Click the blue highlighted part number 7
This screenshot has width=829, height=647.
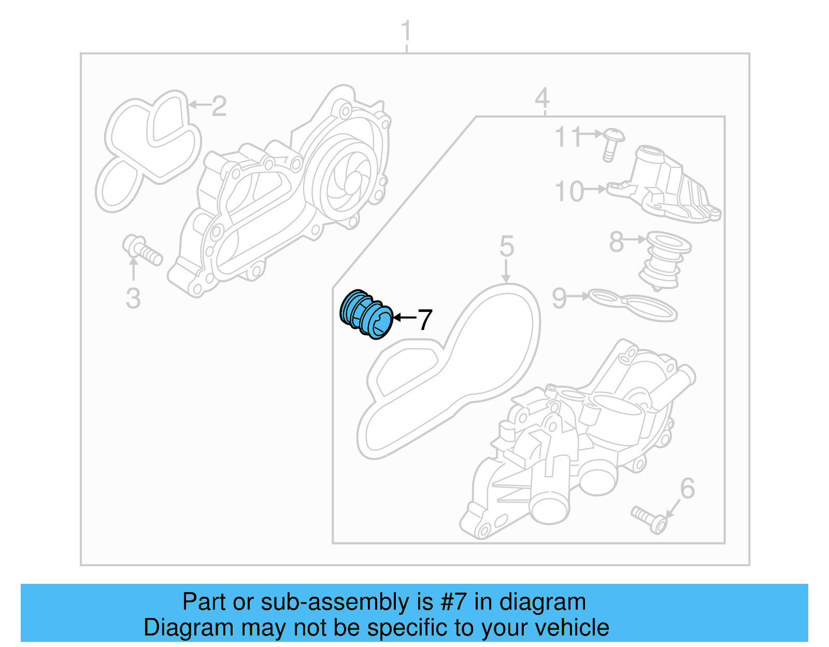(366, 315)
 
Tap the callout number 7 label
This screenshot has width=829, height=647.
(424, 320)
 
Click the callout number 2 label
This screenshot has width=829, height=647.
(219, 106)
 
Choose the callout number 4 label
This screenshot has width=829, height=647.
(542, 98)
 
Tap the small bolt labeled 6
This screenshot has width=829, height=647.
(648, 520)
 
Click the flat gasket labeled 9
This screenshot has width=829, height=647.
(632, 305)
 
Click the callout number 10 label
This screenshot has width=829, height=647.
(569, 192)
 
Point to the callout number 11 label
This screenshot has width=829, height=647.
(567, 137)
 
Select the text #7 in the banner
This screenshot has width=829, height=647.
(454, 602)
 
